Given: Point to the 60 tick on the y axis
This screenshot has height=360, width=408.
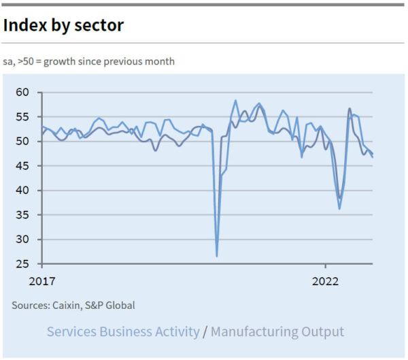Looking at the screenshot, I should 22,93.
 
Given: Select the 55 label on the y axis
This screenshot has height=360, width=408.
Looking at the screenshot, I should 22,117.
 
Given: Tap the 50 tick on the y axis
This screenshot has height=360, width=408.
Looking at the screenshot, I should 22,142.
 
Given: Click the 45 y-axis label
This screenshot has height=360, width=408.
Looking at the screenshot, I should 22,166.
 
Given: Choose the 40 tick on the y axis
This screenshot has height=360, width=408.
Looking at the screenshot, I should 22,191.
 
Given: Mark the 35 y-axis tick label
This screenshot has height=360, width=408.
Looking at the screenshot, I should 22,215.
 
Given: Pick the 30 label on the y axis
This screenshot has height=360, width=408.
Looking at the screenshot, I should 22,240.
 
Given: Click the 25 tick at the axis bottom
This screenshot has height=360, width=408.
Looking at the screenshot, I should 22,264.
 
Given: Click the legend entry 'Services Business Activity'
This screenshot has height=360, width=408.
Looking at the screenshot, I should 123,332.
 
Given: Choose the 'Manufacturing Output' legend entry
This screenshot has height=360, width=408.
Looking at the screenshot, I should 277,332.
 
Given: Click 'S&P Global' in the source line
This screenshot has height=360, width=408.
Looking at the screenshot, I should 112,306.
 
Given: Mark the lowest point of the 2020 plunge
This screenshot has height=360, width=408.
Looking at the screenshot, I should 217,256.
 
